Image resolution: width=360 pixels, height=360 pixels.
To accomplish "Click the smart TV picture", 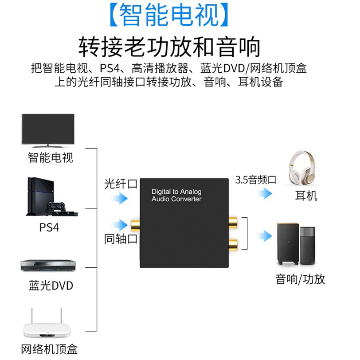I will [48, 129].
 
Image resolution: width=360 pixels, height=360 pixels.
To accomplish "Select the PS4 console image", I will [49, 197].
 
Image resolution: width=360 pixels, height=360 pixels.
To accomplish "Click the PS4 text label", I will [49, 227].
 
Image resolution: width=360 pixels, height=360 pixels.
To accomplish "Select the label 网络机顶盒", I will [50, 349].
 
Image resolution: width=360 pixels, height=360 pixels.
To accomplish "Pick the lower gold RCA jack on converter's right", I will [232, 243].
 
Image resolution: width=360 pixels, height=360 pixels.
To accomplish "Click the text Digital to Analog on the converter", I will [176, 192].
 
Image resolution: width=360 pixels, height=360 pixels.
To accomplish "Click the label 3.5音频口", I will [256, 180].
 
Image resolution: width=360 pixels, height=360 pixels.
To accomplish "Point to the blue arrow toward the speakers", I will [265, 236].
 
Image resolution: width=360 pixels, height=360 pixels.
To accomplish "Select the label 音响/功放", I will [300, 278].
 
